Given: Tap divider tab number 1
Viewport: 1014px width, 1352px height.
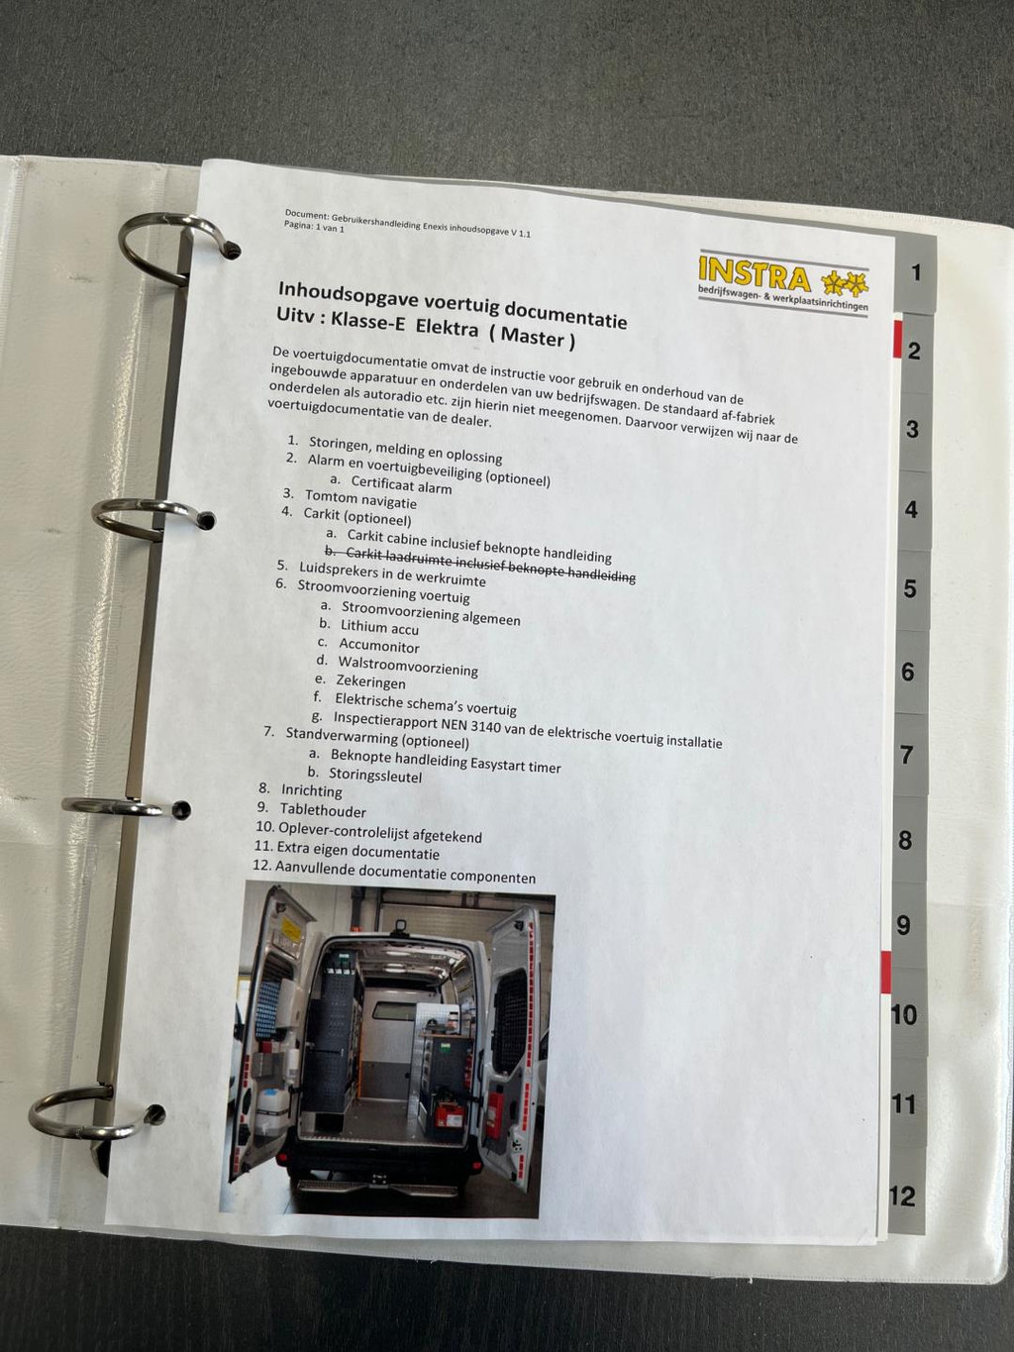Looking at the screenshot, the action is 916,272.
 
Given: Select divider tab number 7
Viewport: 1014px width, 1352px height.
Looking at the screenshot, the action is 906,755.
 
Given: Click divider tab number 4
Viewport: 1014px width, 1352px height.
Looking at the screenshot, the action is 911,510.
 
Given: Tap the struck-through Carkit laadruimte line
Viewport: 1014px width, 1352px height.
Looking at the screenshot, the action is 480,566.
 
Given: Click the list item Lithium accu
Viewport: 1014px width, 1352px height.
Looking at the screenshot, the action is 379,627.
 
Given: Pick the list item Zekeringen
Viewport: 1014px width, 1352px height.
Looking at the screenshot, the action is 370,681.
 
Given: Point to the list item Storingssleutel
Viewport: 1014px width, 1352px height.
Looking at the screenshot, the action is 375,776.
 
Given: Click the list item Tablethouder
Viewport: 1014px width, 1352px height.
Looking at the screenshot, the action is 323,811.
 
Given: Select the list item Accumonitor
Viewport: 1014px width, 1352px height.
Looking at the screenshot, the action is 378,646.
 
